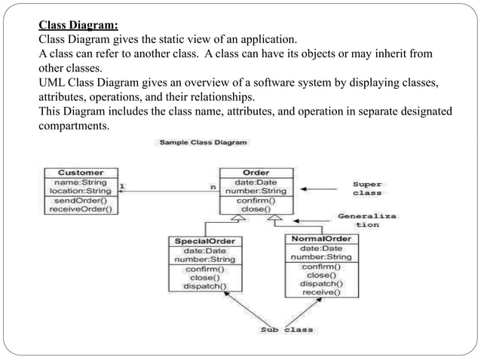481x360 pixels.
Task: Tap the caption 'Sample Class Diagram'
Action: coord(203,142)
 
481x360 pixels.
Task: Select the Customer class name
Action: coord(81,172)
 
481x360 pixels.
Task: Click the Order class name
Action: coord(256,172)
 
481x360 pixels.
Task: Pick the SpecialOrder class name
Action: coord(204,241)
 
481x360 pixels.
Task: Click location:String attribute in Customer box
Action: coord(81,191)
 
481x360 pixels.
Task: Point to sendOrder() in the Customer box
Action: coord(81,201)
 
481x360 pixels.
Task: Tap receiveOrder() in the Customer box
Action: coord(81,210)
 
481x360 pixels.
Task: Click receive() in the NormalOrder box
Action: coord(321,293)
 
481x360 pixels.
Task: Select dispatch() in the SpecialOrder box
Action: coord(204,286)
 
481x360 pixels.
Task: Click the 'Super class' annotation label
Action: coord(367,188)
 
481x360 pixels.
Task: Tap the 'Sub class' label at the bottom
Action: coord(287,330)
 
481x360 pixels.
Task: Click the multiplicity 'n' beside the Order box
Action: coord(212,186)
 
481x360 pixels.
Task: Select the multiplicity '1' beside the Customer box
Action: coord(123,185)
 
